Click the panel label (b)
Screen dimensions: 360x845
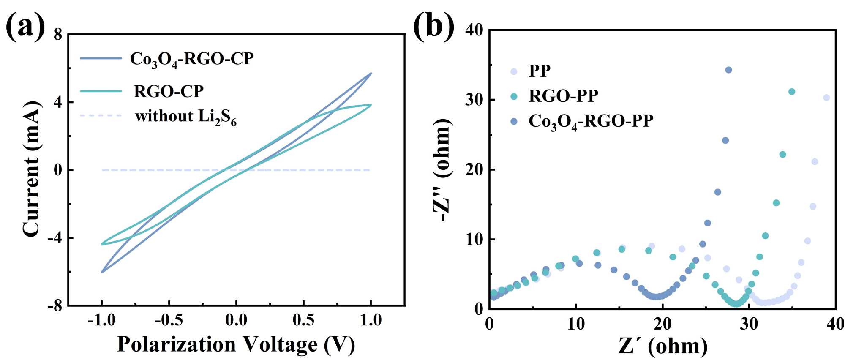point(433,26)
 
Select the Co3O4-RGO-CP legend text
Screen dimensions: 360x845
point(191,59)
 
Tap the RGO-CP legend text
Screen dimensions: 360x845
point(169,91)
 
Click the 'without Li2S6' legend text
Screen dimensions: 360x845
point(185,117)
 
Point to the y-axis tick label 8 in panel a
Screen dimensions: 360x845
point(58,35)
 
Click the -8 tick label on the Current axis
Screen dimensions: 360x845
point(55,305)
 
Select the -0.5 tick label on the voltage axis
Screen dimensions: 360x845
point(169,320)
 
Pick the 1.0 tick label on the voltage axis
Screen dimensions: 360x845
point(371,320)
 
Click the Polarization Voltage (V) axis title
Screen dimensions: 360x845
point(236,344)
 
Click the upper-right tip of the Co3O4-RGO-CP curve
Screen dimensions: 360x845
point(371,73)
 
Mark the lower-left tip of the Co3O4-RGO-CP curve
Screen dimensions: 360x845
point(102,272)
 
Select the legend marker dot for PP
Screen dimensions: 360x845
point(514,71)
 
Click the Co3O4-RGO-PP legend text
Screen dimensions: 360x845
point(591,121)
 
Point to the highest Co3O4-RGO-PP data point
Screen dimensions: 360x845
point(728,70)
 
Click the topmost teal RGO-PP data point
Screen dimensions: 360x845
point(792,92)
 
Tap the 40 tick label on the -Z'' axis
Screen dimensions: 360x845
point(474,30)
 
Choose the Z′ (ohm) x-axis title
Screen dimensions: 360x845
point(662,346)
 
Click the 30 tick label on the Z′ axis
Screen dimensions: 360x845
point(749,325)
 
